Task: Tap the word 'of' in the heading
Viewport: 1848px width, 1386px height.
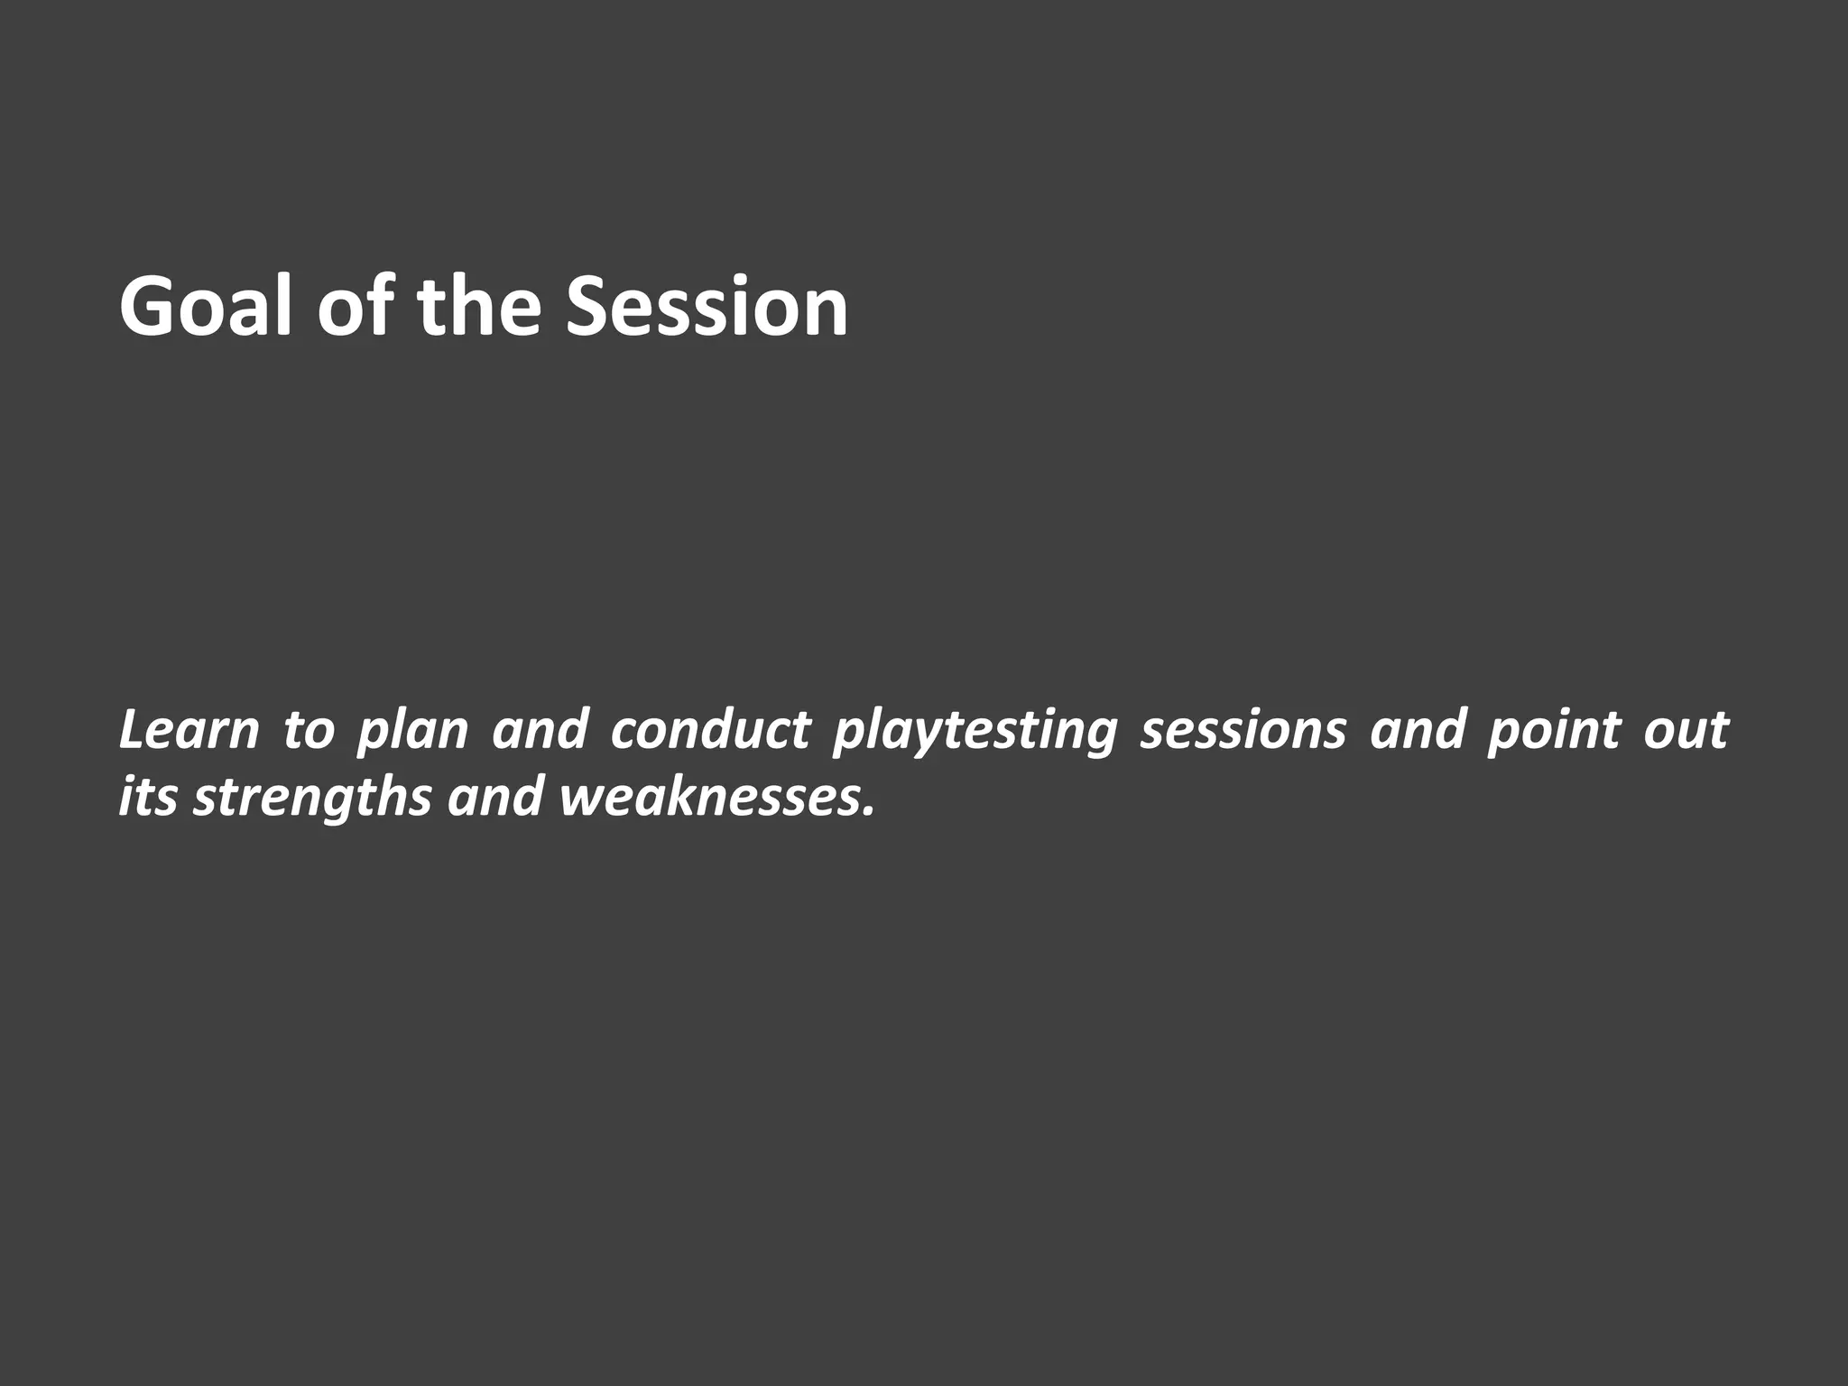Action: click(354, 307)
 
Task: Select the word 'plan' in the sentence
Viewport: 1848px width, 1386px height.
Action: click(412, 731)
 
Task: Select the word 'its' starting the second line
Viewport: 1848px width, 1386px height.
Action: click(147, 798)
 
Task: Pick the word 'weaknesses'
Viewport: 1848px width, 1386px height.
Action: click(709, 798)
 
